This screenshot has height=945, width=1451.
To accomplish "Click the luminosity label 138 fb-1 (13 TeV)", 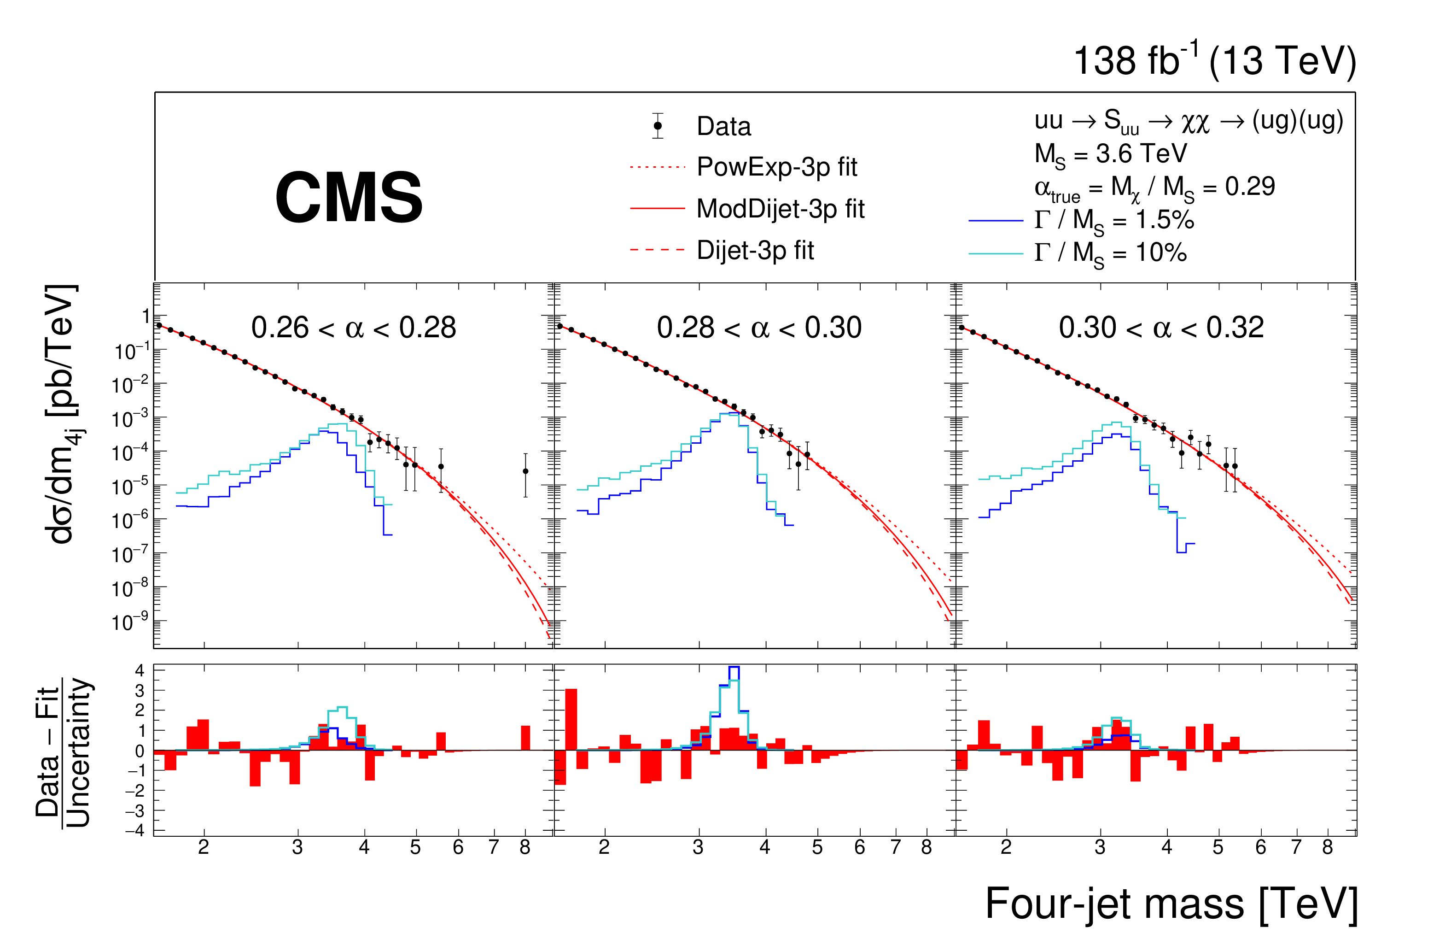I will [x=1214, y=61].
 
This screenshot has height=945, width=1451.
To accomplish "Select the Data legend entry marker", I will [x=657, y=126].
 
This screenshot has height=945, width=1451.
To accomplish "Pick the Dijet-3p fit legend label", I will [x=755, y=250].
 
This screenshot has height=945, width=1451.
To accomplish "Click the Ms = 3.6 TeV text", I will [x=1110, y=154].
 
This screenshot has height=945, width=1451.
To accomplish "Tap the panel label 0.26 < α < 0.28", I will [x=354, y=328].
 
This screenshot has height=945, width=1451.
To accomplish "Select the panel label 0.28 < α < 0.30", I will [x=759, y=328].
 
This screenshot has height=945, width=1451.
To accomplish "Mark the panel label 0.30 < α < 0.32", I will [x=1161, y=328].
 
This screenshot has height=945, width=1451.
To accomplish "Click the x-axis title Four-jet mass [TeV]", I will [x=1171, y=904].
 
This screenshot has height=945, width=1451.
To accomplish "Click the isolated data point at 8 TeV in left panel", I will [x=525, y=471].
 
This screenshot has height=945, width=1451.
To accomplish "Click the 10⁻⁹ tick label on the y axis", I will [x=130, y=623].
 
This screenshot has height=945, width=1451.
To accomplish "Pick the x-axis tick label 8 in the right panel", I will [x=1327, y=847].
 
